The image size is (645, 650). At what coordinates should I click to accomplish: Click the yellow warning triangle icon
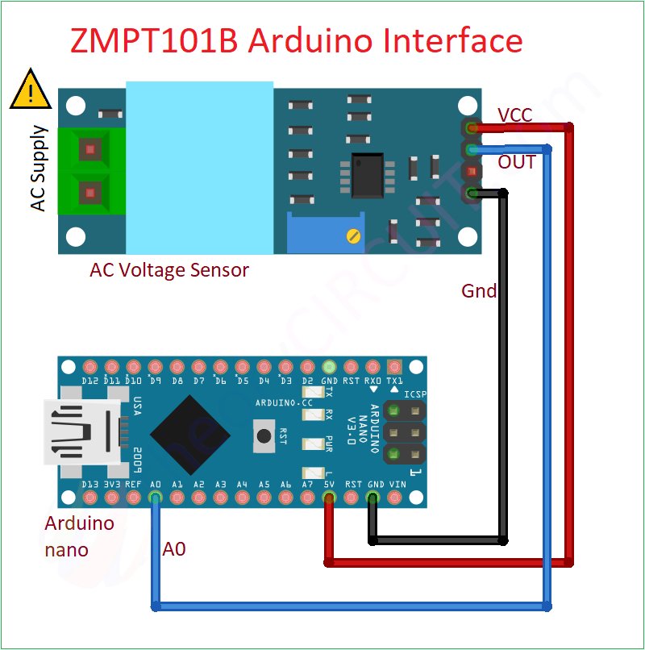point(30,92)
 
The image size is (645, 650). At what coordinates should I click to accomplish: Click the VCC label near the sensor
point(514,115)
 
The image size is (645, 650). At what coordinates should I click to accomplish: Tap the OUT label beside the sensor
point(517,162)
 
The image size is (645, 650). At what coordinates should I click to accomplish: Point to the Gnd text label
point(479,290)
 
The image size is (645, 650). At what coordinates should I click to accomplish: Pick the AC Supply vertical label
point(38,169)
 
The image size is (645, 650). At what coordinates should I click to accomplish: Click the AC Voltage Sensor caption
point(169,270)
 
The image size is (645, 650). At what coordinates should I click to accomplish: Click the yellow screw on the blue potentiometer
point(352,235)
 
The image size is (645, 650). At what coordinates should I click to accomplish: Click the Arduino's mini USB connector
point(84,432)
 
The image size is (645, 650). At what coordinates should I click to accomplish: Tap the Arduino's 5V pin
point(329,498)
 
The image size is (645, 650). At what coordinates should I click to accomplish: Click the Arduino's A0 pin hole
point(156,498)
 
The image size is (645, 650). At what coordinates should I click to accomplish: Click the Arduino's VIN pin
point(394,498)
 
